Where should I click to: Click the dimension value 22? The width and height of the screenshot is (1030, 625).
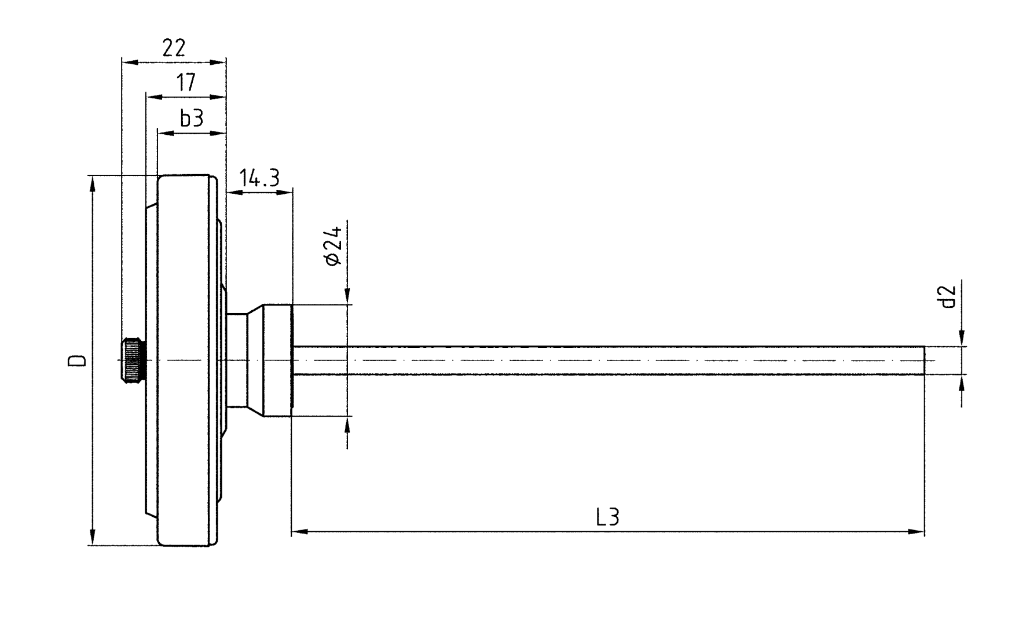[174, 48]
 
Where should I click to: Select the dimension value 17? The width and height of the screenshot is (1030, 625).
[186, 83]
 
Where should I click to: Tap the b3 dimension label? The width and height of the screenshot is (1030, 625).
[192, 119]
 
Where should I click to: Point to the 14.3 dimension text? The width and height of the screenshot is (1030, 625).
[259, 178]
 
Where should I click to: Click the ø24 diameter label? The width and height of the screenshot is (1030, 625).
[333, 245]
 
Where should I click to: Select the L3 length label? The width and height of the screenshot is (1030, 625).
[607, 517]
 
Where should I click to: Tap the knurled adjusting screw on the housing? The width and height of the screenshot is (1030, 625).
[133, 361]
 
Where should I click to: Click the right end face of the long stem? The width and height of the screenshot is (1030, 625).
[923, 361]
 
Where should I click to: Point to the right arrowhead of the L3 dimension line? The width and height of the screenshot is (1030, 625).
[918, 531]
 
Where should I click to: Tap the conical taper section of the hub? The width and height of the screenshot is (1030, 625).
[256, 361]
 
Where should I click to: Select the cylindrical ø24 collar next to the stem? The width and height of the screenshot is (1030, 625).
[278, 361]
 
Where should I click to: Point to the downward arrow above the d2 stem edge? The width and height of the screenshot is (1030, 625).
[962, 339]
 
